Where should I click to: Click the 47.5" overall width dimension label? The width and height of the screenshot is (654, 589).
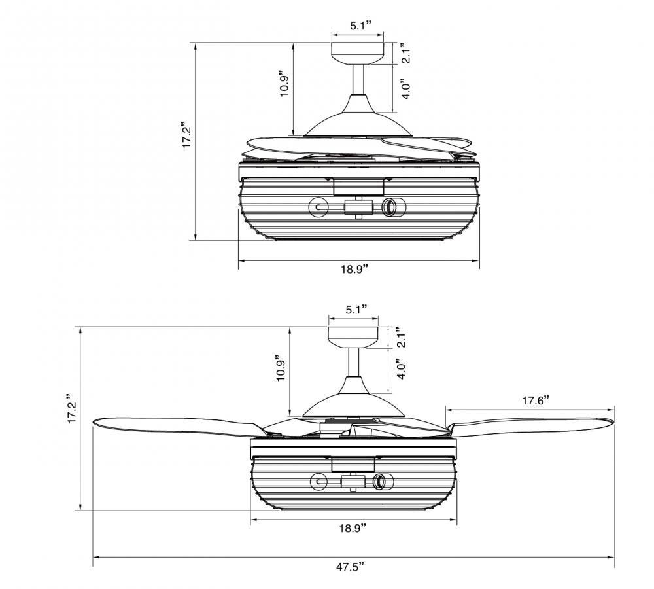point(350,567)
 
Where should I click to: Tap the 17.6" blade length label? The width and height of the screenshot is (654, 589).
point(535,401)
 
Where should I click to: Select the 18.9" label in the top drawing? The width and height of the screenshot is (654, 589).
point(355,268)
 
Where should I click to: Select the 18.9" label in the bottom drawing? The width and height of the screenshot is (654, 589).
point(353,527)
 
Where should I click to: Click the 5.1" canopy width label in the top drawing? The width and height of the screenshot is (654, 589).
point(360,26)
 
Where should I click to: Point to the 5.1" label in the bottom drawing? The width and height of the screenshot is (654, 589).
point(356,309)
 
